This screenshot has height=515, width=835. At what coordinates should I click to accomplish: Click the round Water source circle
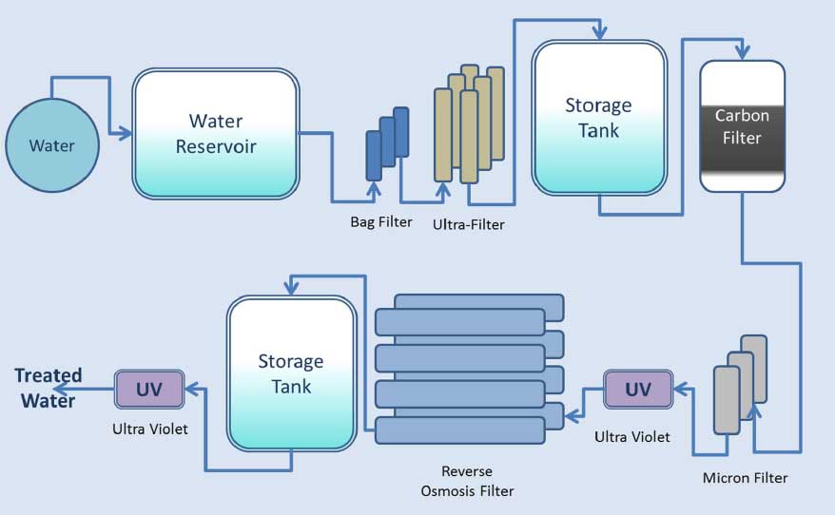(x=51, y=145)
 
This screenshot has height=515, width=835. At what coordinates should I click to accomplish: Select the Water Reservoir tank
(x=216, y=134)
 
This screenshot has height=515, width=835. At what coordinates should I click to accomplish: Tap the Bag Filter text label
(x=380, y=222)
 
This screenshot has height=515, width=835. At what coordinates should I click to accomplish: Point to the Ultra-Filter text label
(x=468, y=225)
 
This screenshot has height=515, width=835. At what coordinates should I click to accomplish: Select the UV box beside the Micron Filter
(x=637, y=390)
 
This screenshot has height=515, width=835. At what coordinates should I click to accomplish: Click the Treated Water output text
(x=49, y=388)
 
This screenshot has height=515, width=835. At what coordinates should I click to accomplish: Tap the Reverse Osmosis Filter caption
(x=466, y=481)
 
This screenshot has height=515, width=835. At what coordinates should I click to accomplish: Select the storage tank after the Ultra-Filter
(x=598, y=118)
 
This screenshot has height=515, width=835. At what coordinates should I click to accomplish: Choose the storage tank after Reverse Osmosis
(x=291, y=374)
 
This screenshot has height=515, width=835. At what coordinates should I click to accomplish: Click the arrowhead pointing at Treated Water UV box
(x=189, y=388)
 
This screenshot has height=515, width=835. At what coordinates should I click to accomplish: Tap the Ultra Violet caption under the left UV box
(x=149, y=429)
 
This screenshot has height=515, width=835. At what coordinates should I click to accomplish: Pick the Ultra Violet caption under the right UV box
(x=632, y=437)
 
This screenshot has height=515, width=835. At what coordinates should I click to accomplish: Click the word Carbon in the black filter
(x=742, y=116)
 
